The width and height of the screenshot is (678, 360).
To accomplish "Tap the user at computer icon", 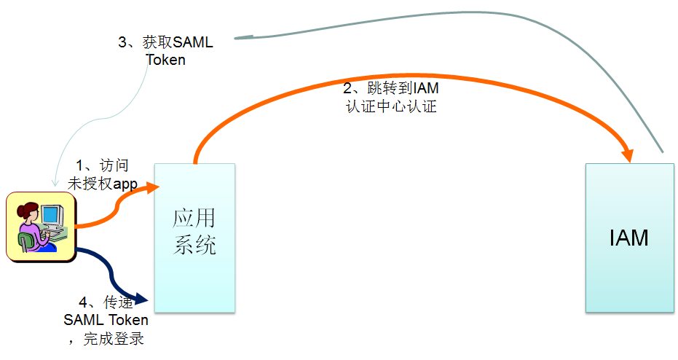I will tap(39, 227).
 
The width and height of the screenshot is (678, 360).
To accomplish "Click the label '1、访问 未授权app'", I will tap(103, 174).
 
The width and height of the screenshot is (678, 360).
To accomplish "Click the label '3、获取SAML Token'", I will tap(166, 51).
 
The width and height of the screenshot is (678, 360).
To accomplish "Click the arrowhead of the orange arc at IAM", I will tap(627, 155).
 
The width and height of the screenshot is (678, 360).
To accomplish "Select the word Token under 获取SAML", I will tap(166, 60).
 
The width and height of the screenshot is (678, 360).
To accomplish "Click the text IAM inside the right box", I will tap(629, 238).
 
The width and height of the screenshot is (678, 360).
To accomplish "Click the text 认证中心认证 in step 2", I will tap(391, 106).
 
